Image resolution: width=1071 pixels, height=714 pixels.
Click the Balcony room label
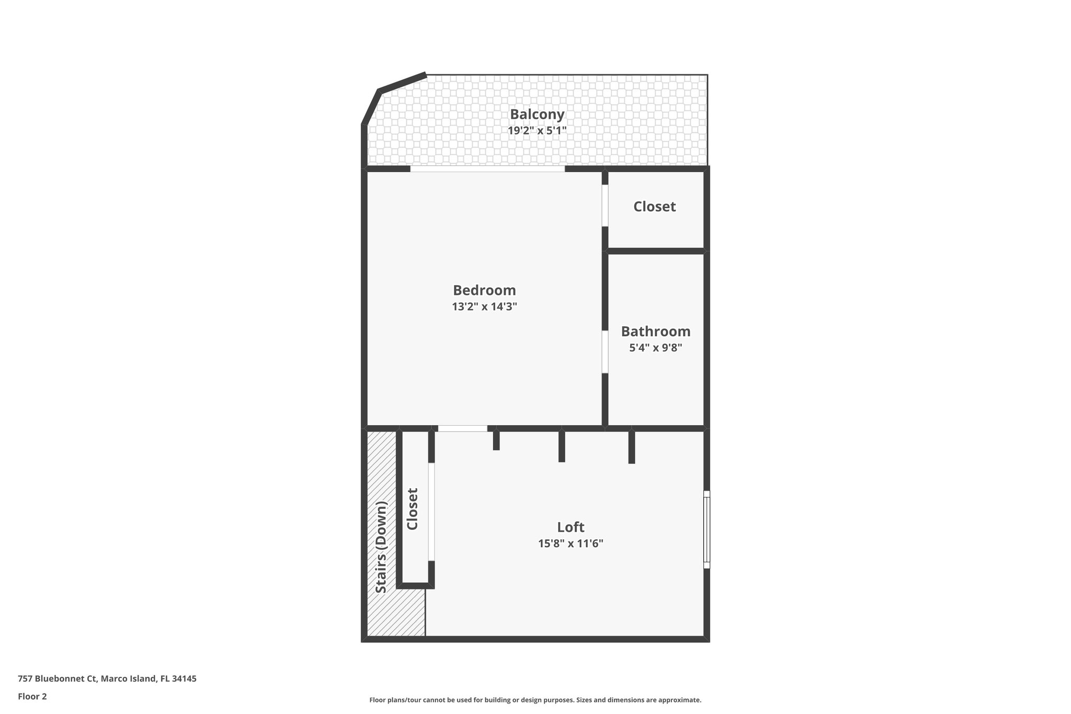click(x=537, y=114)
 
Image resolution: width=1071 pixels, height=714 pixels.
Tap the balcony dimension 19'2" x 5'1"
click(x=537, y=130)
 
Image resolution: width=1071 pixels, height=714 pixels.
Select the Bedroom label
click(x=484, y=290)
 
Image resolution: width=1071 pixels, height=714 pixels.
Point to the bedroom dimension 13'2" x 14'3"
click(x=484, y=307)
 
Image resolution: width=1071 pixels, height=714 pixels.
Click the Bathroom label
click(x=655, y=332)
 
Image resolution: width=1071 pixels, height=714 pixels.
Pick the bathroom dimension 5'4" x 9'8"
click(x=655, y=347)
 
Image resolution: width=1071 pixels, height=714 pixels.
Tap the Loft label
click(x=571, y=527)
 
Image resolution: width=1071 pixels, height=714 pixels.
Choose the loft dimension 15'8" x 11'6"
click(x=571, y=543)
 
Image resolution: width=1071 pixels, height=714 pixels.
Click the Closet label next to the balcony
click(x=654, y=207)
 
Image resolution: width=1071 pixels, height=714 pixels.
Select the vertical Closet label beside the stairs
click(x=413, y=509)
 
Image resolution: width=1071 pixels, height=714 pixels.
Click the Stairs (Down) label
click(x=381, y=547)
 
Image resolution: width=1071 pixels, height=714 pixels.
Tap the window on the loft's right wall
click(x=707, y=529)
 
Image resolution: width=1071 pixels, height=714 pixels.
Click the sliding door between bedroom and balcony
click(x=487, y=169)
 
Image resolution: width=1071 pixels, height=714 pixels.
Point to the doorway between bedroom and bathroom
click(x=605, y=352)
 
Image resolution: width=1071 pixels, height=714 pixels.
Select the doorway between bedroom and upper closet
click(x=605, y=206)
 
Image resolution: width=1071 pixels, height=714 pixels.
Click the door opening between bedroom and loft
click(x=462, y=428)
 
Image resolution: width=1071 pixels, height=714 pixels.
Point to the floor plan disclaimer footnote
click(x=535, y=700)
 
